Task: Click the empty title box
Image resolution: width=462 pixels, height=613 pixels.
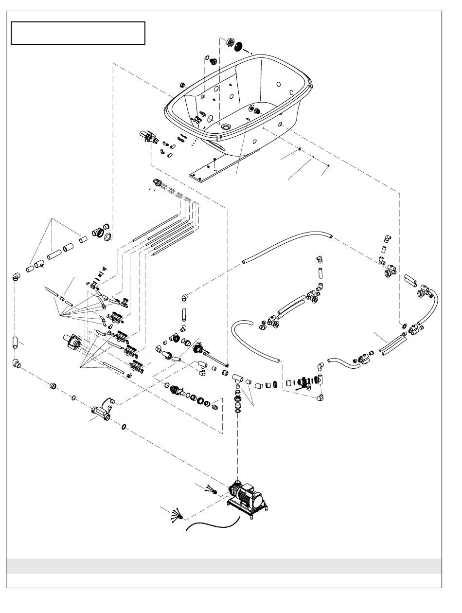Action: coord(78,33)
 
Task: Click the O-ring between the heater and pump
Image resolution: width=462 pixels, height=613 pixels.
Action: coord(124,427)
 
